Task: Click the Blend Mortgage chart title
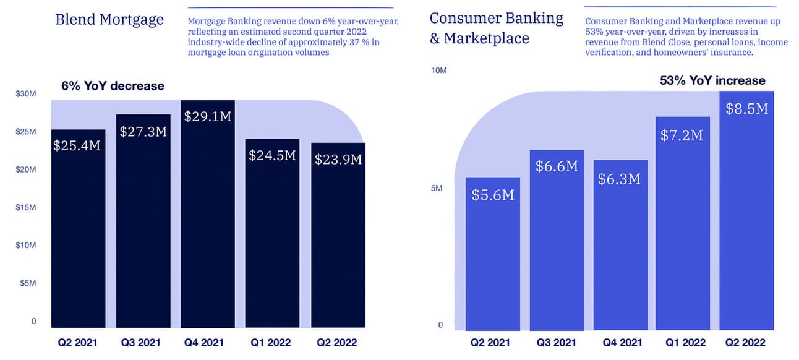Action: [x=109, y=20]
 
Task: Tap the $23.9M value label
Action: [x=338, y=160]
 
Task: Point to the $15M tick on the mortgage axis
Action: [x=26, y=207]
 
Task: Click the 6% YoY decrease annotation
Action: [x=113, y=86]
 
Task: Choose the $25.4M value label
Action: [x=77, y=146]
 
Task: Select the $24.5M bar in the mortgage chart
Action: [x=272, y=241]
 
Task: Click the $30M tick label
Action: [x=26, y=94]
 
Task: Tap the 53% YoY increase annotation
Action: [x=712, y=80]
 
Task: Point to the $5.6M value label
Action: [x=493, y=195]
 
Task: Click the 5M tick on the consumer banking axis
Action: [x=437, y=188]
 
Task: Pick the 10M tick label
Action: [x=438, y=71]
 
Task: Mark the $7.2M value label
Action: [x=681, y=135]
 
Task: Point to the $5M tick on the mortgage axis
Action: [x=28, y=283]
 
